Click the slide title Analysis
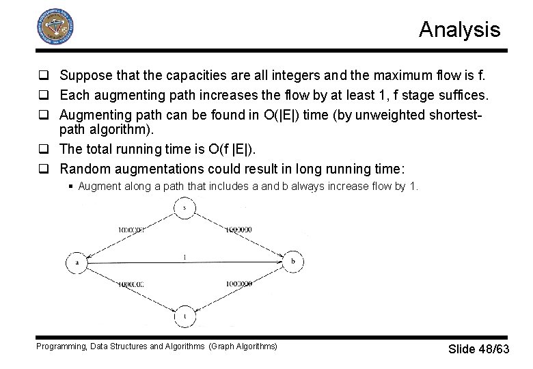click(459, 29)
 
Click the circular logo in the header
click(54, 27)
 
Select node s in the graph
click(184, 207)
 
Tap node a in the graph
click(77, 262)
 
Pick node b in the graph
click(292, 262)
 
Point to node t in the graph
click(184, 316)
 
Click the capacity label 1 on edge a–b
click(184, 256)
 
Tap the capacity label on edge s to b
click(238, 230)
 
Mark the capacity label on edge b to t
click(238, 283)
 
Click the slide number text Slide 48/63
click(478, 349)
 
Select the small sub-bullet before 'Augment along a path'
click(71, 186)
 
